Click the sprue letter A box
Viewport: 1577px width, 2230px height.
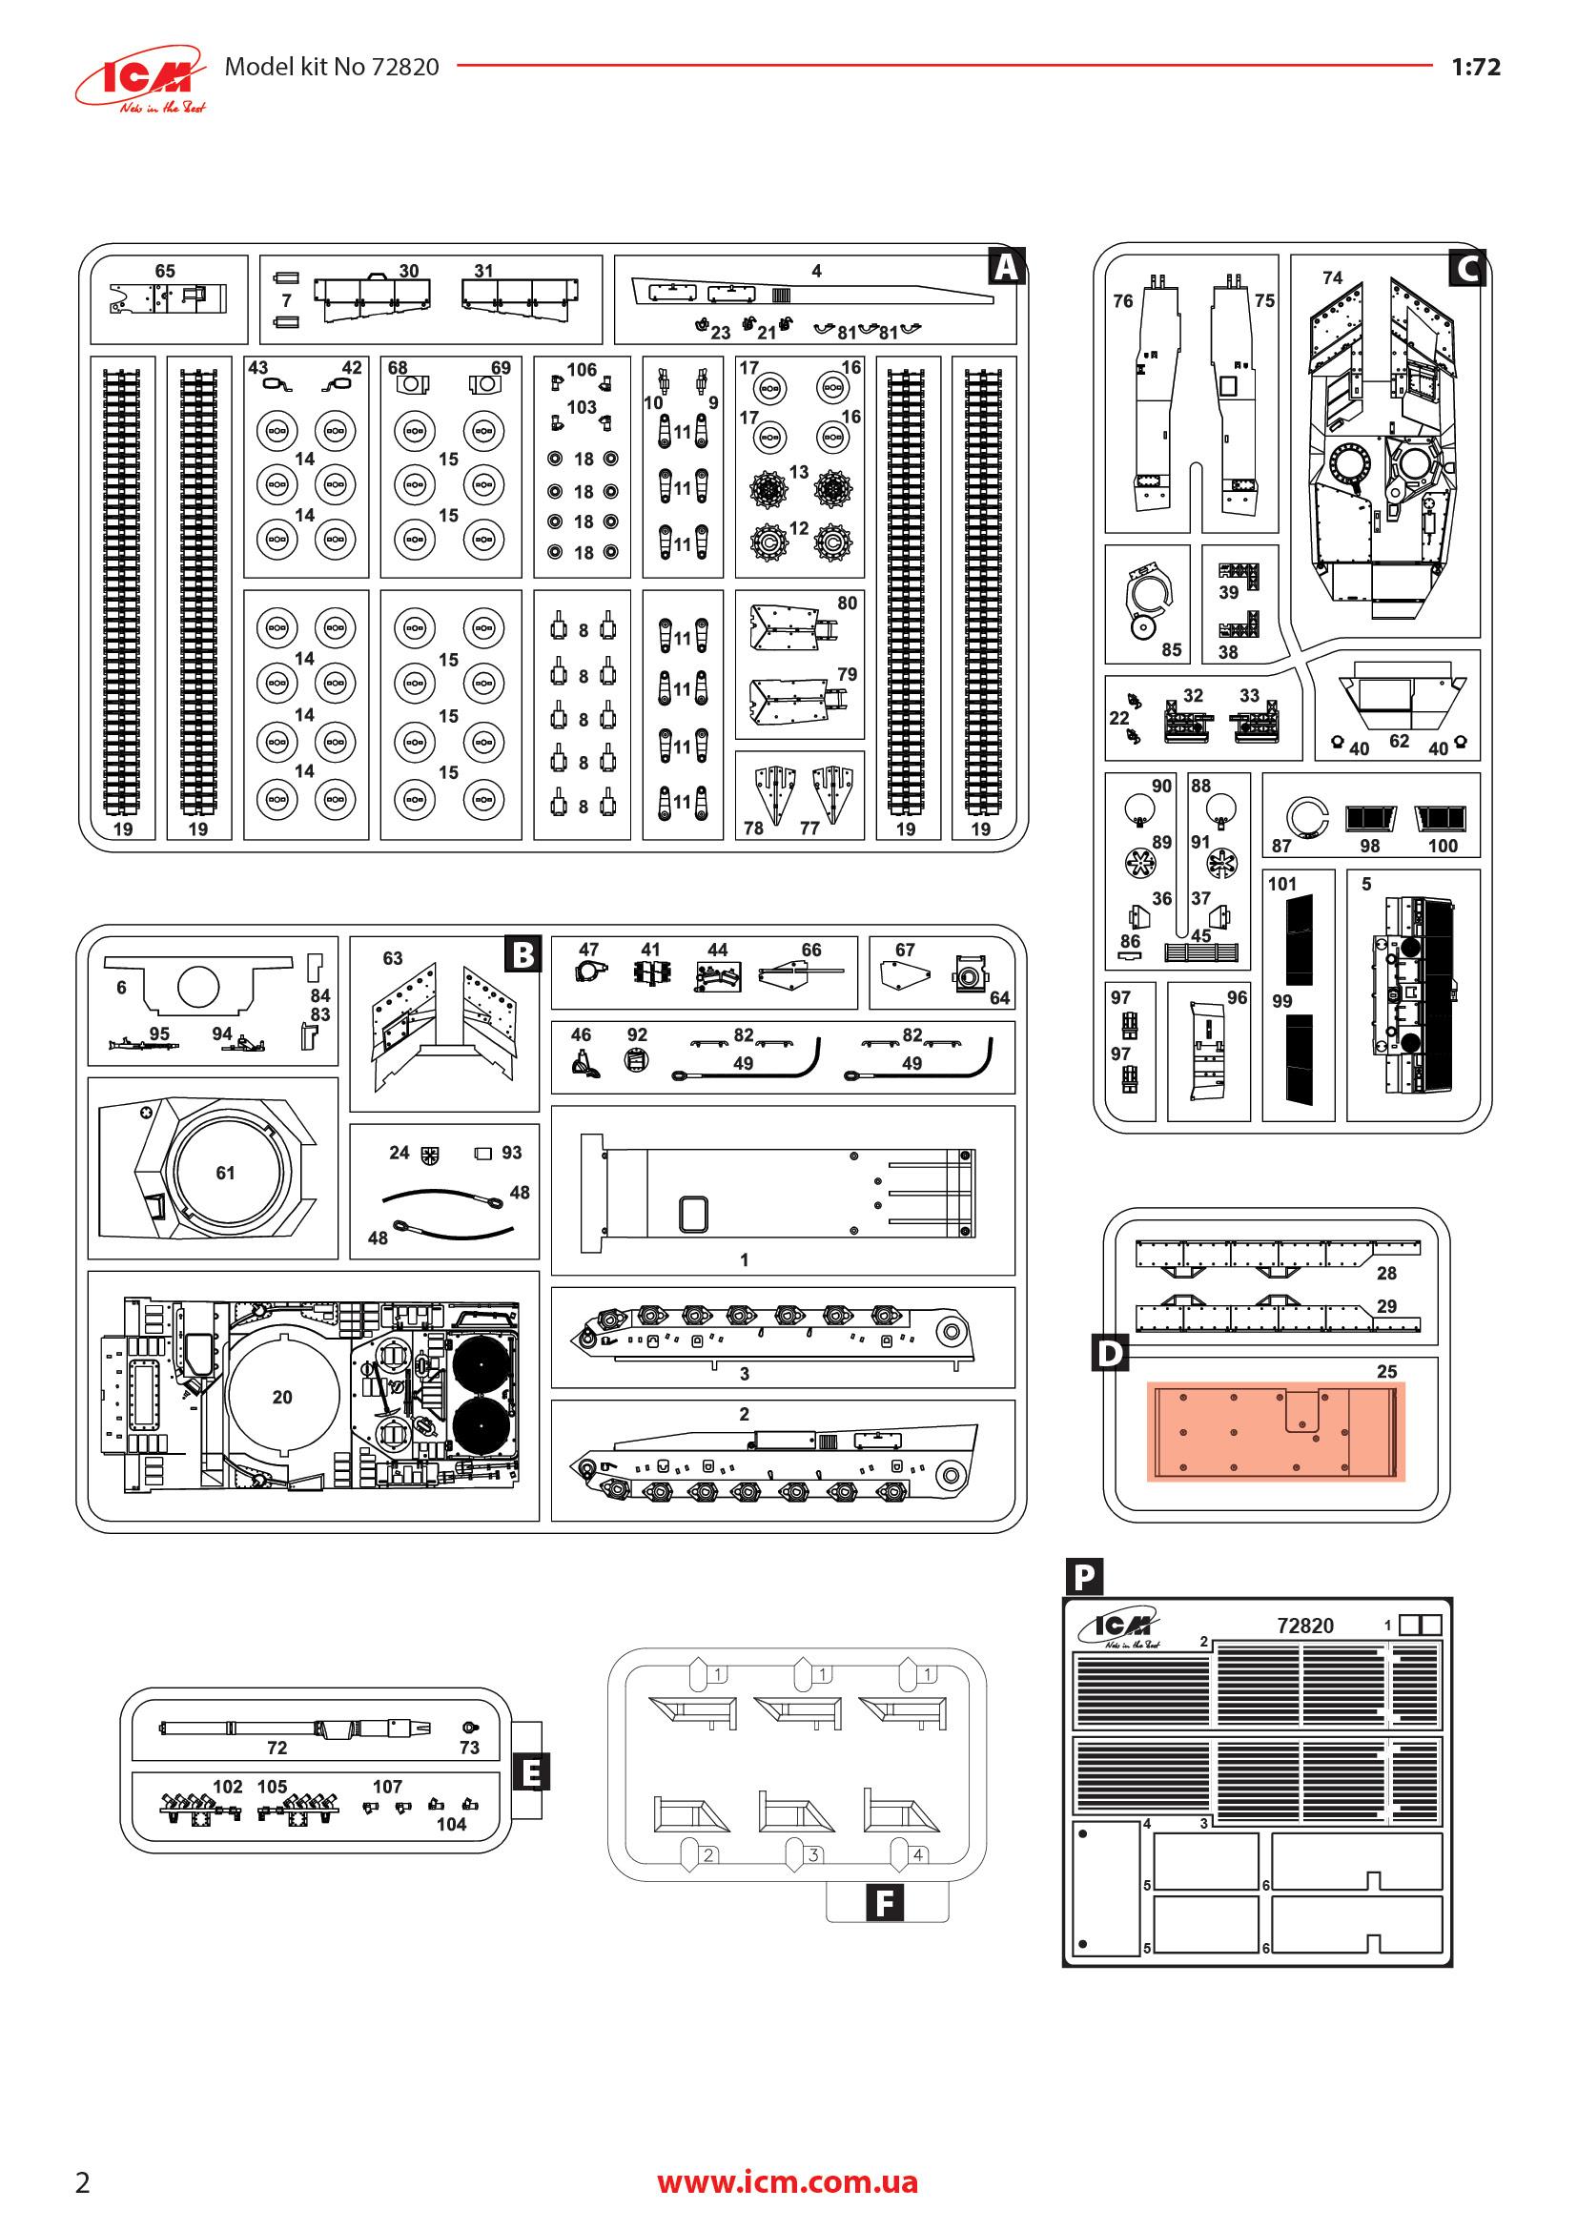pyautogui.click(x=1006, y=266)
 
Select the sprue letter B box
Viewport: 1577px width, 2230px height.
pyautogui.click(x=522, y=954)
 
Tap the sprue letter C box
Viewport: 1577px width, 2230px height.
pyautogui.click(x=1466, y=267)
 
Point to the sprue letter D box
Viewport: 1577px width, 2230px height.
pyautogui.click(x=1110, y=1353)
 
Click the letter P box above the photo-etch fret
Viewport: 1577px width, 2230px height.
pyautogui.click(x=1084, y=1575)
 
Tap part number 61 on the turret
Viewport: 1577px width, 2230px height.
pyautogui.click(x=225, y=1174)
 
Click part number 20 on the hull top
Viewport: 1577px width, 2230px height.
pyautogui.click(x=281, y=1397)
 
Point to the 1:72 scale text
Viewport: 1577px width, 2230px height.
pyautogui.click(x=1475, y=67)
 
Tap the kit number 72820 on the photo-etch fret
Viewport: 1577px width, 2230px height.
pyautogui.click(x=1305, y=1626)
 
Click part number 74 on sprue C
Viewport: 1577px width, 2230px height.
pyautogui.click(x=1332, y=277)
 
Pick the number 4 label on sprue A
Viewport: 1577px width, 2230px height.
pyautogui.click(x=817, y=271)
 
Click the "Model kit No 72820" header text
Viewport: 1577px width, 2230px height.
pyautogui.click(x=331, y=67)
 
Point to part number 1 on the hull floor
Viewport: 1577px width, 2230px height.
pyautogui.click(x=744, y=1259)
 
